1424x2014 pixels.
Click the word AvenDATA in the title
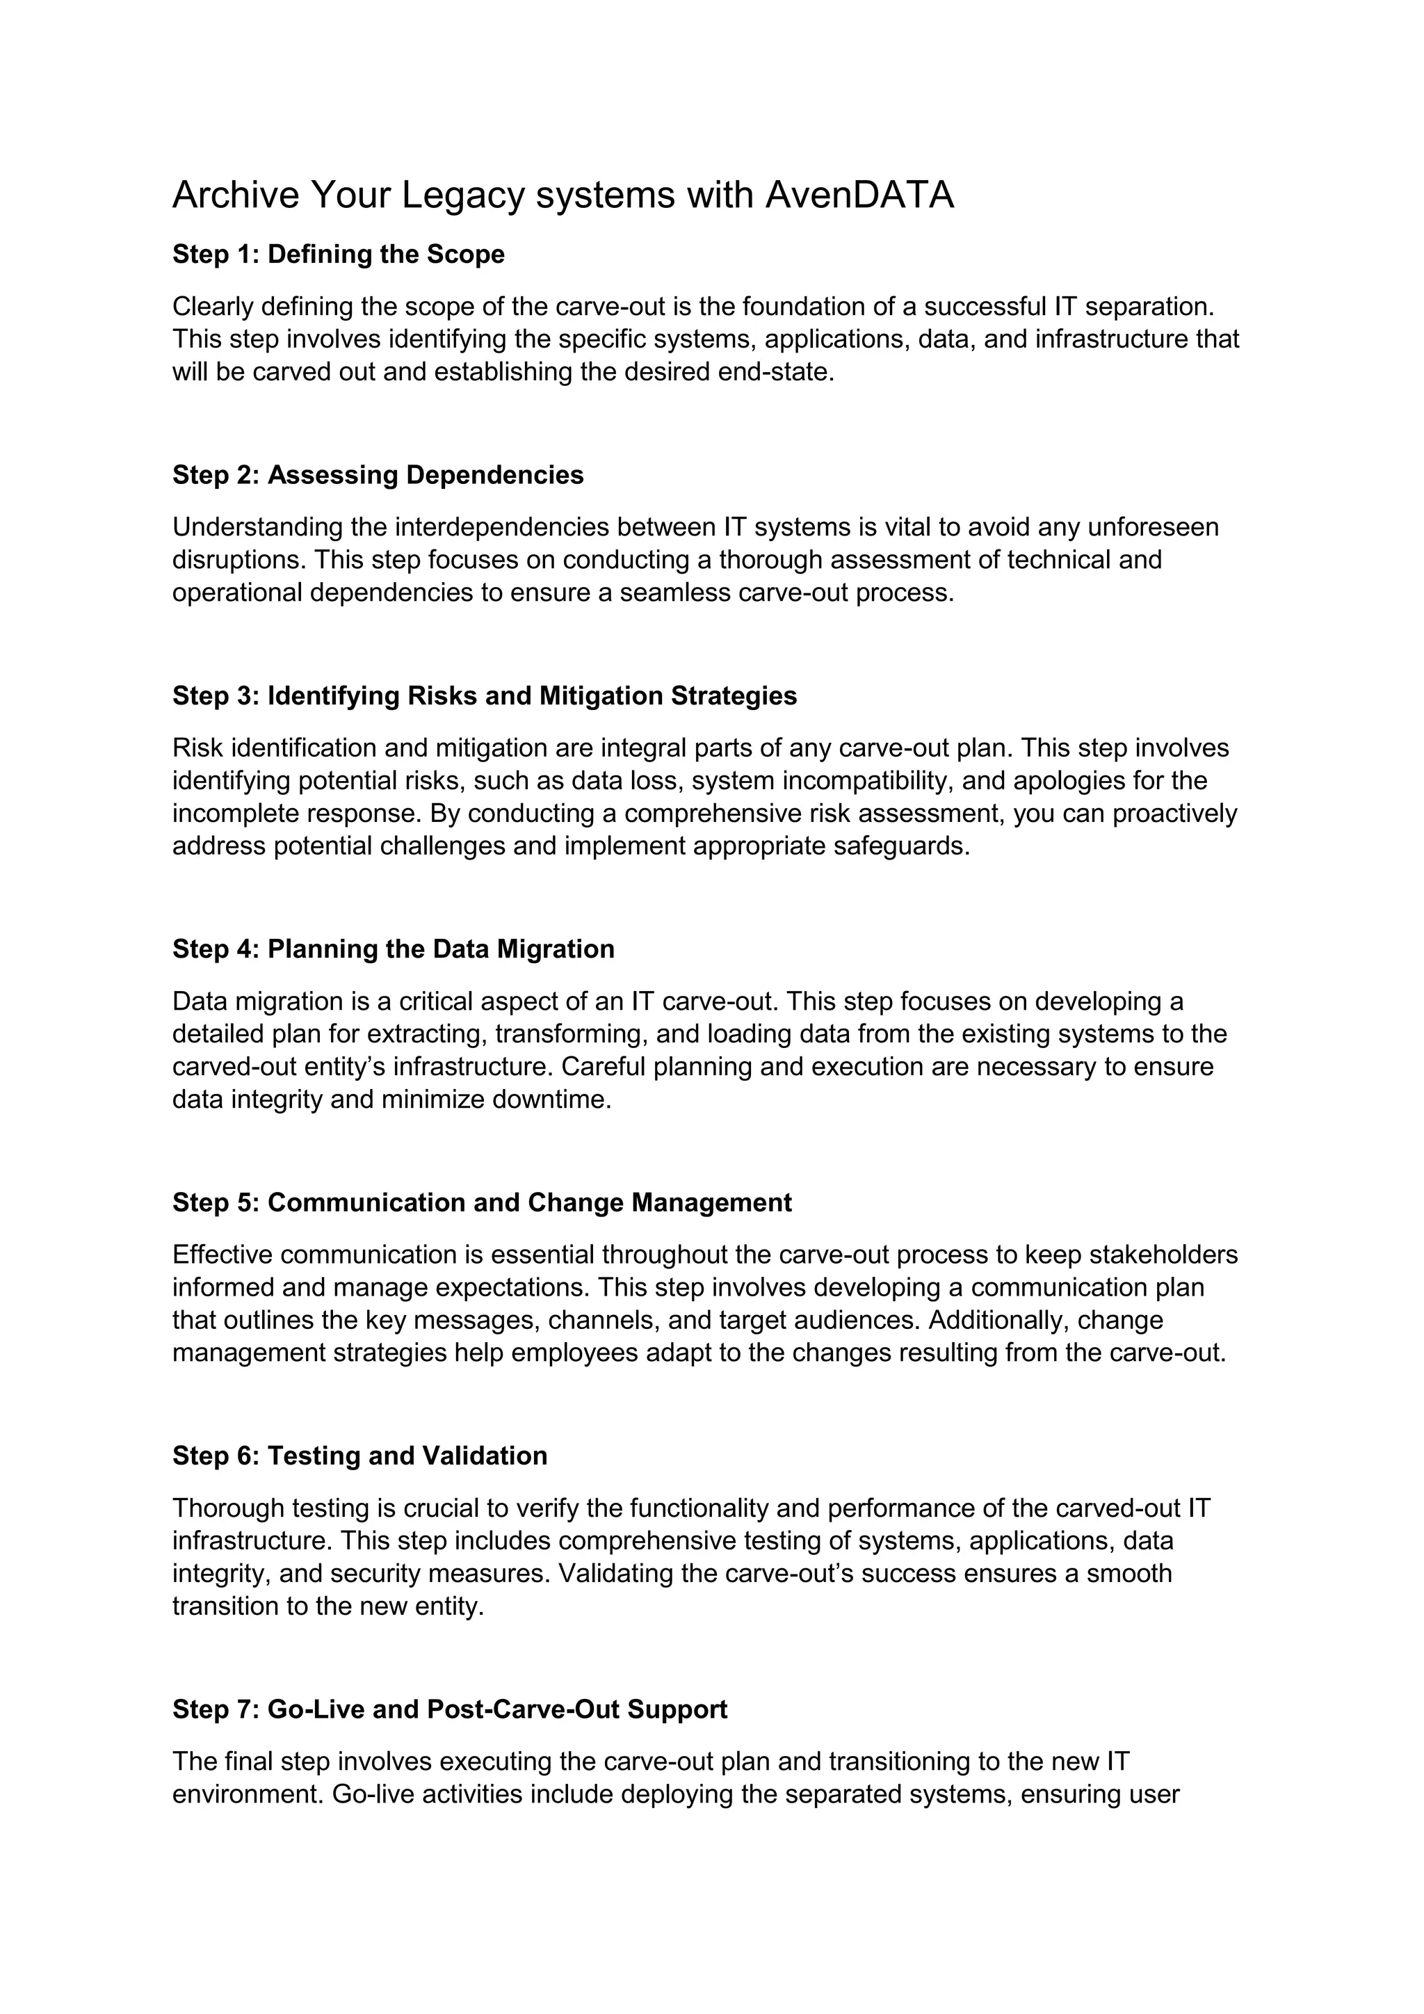pyautogui.click(x=859, y=195)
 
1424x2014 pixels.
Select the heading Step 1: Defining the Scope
pyautogui.click(x=339, y=255)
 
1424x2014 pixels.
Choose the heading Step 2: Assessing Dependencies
pyautogui.click(x=378, y=476)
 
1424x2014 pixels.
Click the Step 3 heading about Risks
pyautogui.click(x=485, y=696)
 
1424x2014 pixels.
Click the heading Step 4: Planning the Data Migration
pyautogui.click(x=394, y=949)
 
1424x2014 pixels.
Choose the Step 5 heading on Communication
pyautogui.click(x=483, y=1202)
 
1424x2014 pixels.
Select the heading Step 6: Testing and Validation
pyautogui.click(x=359, y=1456)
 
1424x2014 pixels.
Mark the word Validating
pyautogui.click(x=615, y=1574)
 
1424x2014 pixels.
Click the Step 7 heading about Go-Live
pyautogui.click(x=450, y=1709)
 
